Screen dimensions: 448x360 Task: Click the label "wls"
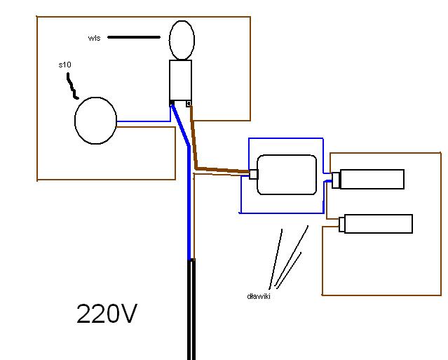[94, 38]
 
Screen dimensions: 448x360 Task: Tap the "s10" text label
[65, 65]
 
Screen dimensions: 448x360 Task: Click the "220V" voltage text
[107, 314]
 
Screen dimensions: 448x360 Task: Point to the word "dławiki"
[259, 296]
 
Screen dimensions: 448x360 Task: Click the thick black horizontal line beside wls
[134, 37]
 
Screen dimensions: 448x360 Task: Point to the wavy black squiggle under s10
[72, 86]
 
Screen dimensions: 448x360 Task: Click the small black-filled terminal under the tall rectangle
[172, 103]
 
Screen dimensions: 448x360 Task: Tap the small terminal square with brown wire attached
[189, 104]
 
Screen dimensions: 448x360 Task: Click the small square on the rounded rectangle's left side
[254, 174]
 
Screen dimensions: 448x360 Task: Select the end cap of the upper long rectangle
[336, 180]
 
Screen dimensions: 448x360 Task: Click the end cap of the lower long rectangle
[341, 225]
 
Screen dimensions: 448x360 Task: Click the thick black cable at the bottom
[191, 309]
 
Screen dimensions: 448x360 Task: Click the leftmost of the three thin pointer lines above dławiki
[276, 259]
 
